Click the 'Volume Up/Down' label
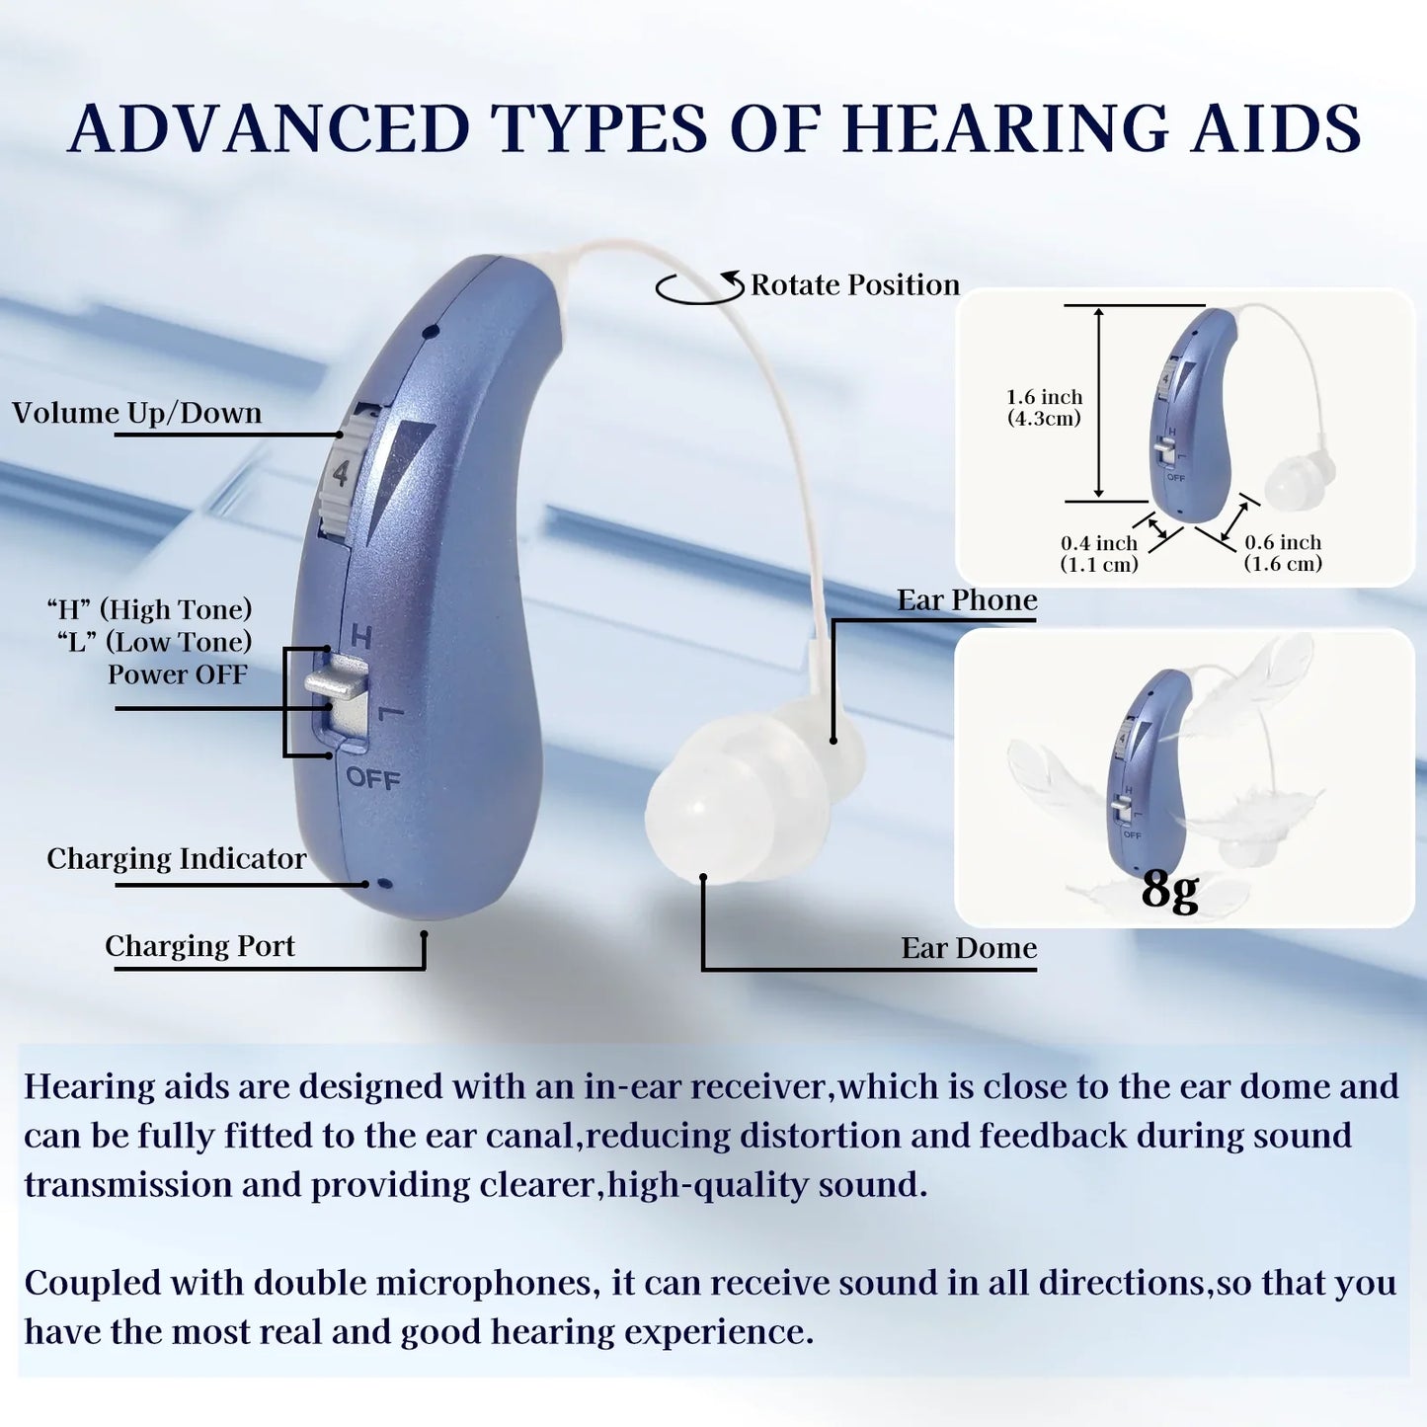pos(137,413)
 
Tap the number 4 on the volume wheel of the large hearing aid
pos(341,475)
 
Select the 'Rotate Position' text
pos(855,285)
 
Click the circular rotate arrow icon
pos(699,287)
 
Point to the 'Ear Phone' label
pos(967,600)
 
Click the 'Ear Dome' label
pos(969,948)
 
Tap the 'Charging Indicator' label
pos(177,859)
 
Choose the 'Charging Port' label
pos(200,946)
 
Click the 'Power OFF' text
pos(178,674)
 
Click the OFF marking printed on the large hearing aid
pos(372,779)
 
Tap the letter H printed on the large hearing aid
pos(360,637)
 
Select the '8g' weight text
pos(1170,889)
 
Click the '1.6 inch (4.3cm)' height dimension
pos(1044,408)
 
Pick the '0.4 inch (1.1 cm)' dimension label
pos(1099,554)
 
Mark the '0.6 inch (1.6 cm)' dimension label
pos(1283,553)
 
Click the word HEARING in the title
pos(1004,128)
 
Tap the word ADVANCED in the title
pos(269,128)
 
